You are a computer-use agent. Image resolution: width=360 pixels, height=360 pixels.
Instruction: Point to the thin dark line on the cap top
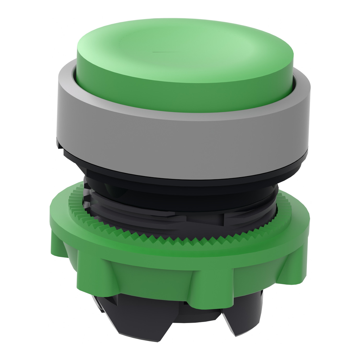point(163,53)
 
